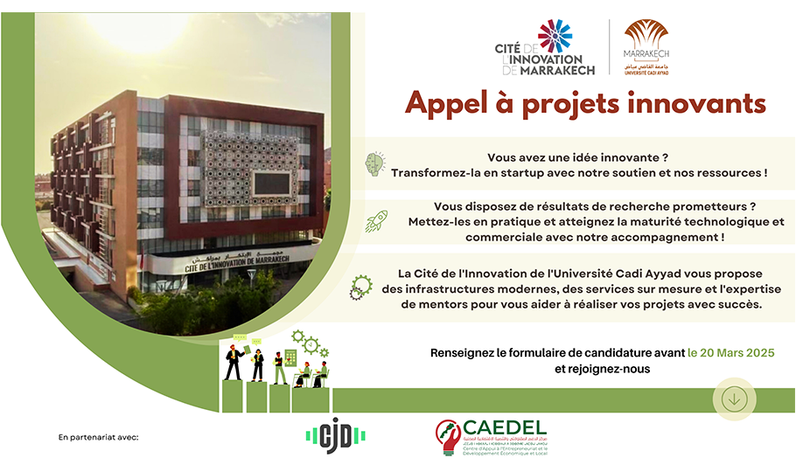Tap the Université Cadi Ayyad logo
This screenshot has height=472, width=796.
pyautogui.click(x=646, y=47)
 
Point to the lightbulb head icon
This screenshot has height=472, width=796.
pyautogui.click(x=375, y=163)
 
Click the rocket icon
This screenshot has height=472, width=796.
pyautogui.click(x=376, y=220)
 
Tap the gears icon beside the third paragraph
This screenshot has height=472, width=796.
pyautogui.click(x=360, y=288)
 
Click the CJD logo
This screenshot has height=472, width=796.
pyautogui.click(x=335, y=434)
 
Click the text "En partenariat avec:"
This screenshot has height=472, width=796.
pyautogui.click(x=98, y=435)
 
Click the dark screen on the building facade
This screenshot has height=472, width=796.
pyautogui.click(x=272, y=183)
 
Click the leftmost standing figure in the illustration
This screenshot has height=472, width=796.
pyautogui.click(x=233, y=361)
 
